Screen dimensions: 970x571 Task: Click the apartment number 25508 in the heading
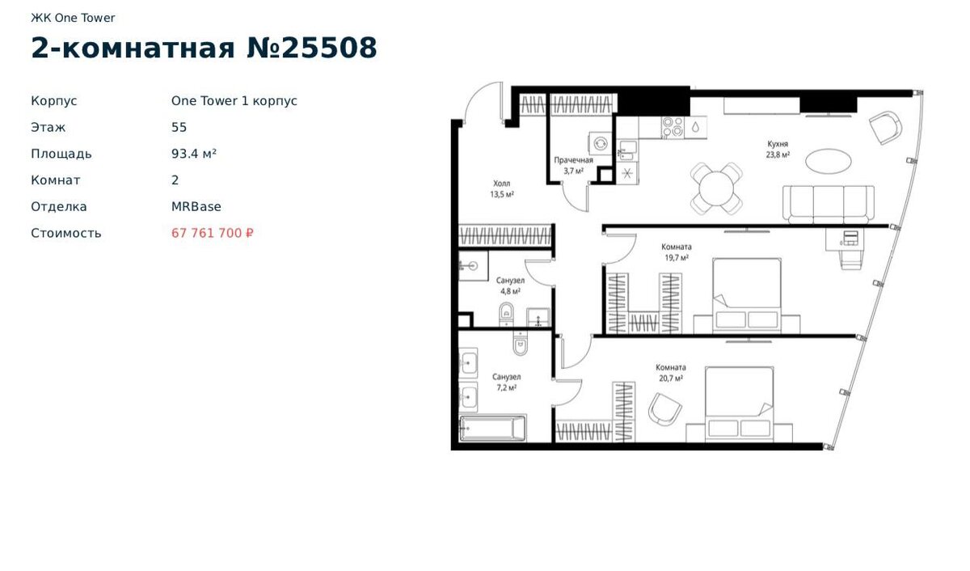[x=329, y=47]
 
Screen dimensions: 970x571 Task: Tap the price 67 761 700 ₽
[x=212, y=233]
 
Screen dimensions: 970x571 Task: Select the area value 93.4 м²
[x=193, y=154]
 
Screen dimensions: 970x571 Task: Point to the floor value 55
[x=179, y=127]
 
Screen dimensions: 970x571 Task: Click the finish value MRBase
[x=196, y=206]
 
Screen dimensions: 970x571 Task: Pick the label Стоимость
[x=65, y=233]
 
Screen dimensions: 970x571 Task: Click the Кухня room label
[x=778, y=144]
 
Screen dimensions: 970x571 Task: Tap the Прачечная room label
[x=573, y=160]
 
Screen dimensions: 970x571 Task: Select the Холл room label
[x=501, y=184]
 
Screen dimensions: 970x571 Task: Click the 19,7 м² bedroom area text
[x=677, y=258]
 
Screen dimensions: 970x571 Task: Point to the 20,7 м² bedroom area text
[x=671, y=379]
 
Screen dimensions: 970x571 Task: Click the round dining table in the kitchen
[x=717, y=189]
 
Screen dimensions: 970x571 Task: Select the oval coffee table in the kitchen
[x=828, y=161]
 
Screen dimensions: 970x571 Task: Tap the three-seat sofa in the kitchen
[x=828, y=205]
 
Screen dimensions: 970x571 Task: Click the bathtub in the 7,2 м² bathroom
[x=492, y=429]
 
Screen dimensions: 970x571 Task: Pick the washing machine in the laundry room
[x=600, y=143]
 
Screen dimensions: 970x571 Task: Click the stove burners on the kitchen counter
[x=673, y=127]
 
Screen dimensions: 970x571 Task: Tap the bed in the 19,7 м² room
[x=747, y=296]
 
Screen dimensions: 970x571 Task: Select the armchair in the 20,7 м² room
[x=664, y=409]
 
